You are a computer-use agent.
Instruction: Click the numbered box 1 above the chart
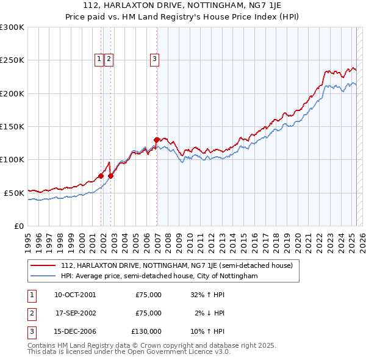coord(99,59)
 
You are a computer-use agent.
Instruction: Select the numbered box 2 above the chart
coord(109,59)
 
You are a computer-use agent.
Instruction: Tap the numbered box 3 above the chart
coord(154,59)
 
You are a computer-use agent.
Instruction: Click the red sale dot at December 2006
coord(157,140)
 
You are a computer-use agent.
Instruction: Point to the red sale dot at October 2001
coord(101,176)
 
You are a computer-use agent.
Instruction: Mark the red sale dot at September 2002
coord(111,176)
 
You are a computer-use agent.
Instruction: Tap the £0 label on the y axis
coord(19,226)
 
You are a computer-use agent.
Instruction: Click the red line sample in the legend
coord(43,265)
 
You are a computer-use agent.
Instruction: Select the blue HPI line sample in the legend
coord(43,276)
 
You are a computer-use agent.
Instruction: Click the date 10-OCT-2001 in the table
coord(75,294)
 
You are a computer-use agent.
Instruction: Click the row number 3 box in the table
coord(31,331)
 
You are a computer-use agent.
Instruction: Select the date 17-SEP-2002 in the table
coord(75,313)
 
